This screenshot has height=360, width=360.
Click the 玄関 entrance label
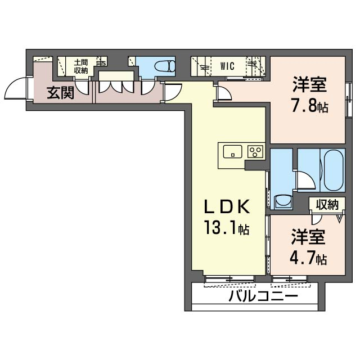pyautogui.click(x=60, y=93)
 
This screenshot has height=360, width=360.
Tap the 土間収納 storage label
pyautogui.click(x=80, y=67)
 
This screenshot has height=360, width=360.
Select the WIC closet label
pyautogui.click(x=227, y=66)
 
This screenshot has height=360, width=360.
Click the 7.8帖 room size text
pyautogui.click(x=309, y=106)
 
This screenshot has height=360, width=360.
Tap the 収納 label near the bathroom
pyautogui.click(x=326, y=204)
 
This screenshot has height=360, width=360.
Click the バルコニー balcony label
pyautogui.click(x=263, y=296)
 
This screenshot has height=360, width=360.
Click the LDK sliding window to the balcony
pyautogui.click(x=228, y=278)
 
